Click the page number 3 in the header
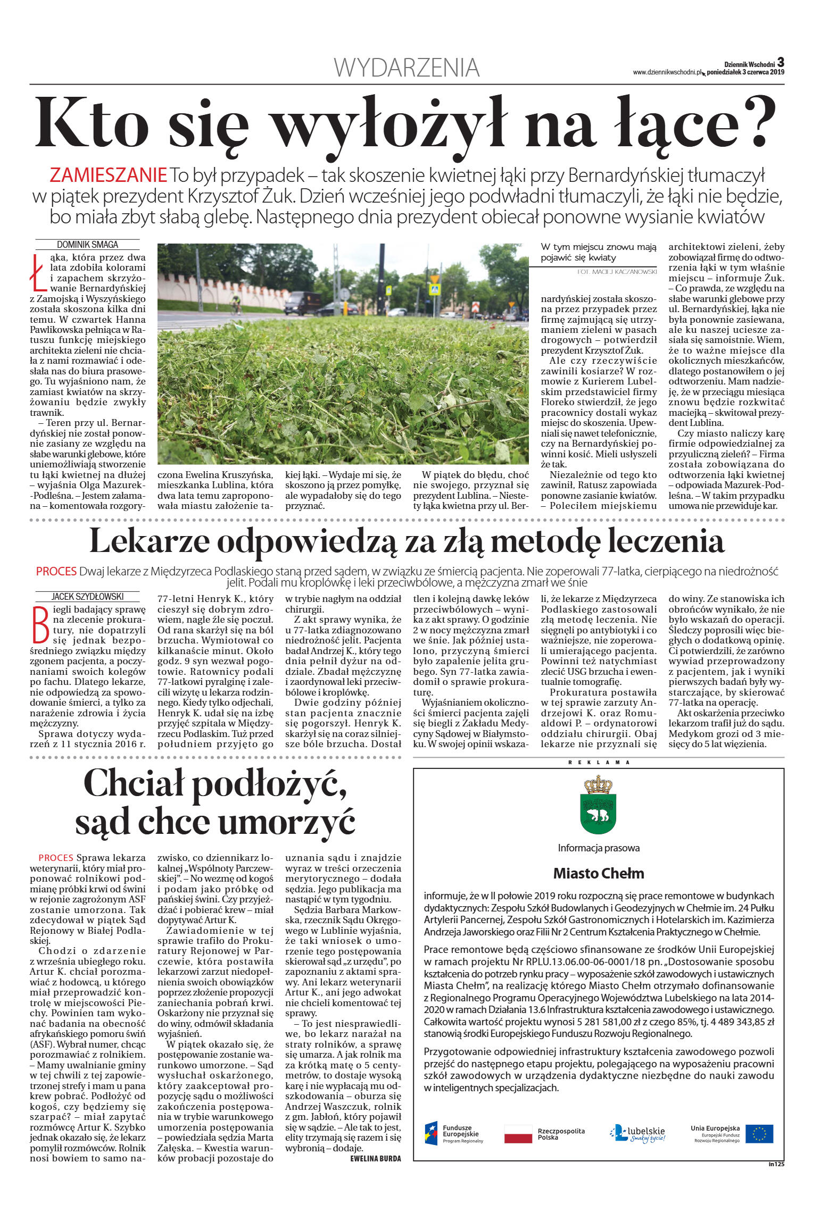click(x=781, y=62)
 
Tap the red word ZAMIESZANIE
click(x=108, y=175)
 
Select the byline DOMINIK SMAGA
click(x=87, y=245)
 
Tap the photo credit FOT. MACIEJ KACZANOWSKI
click(x=617, y=271)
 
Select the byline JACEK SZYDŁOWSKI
click(x=87, y=596)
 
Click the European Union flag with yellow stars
click(x=759, y=1133)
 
